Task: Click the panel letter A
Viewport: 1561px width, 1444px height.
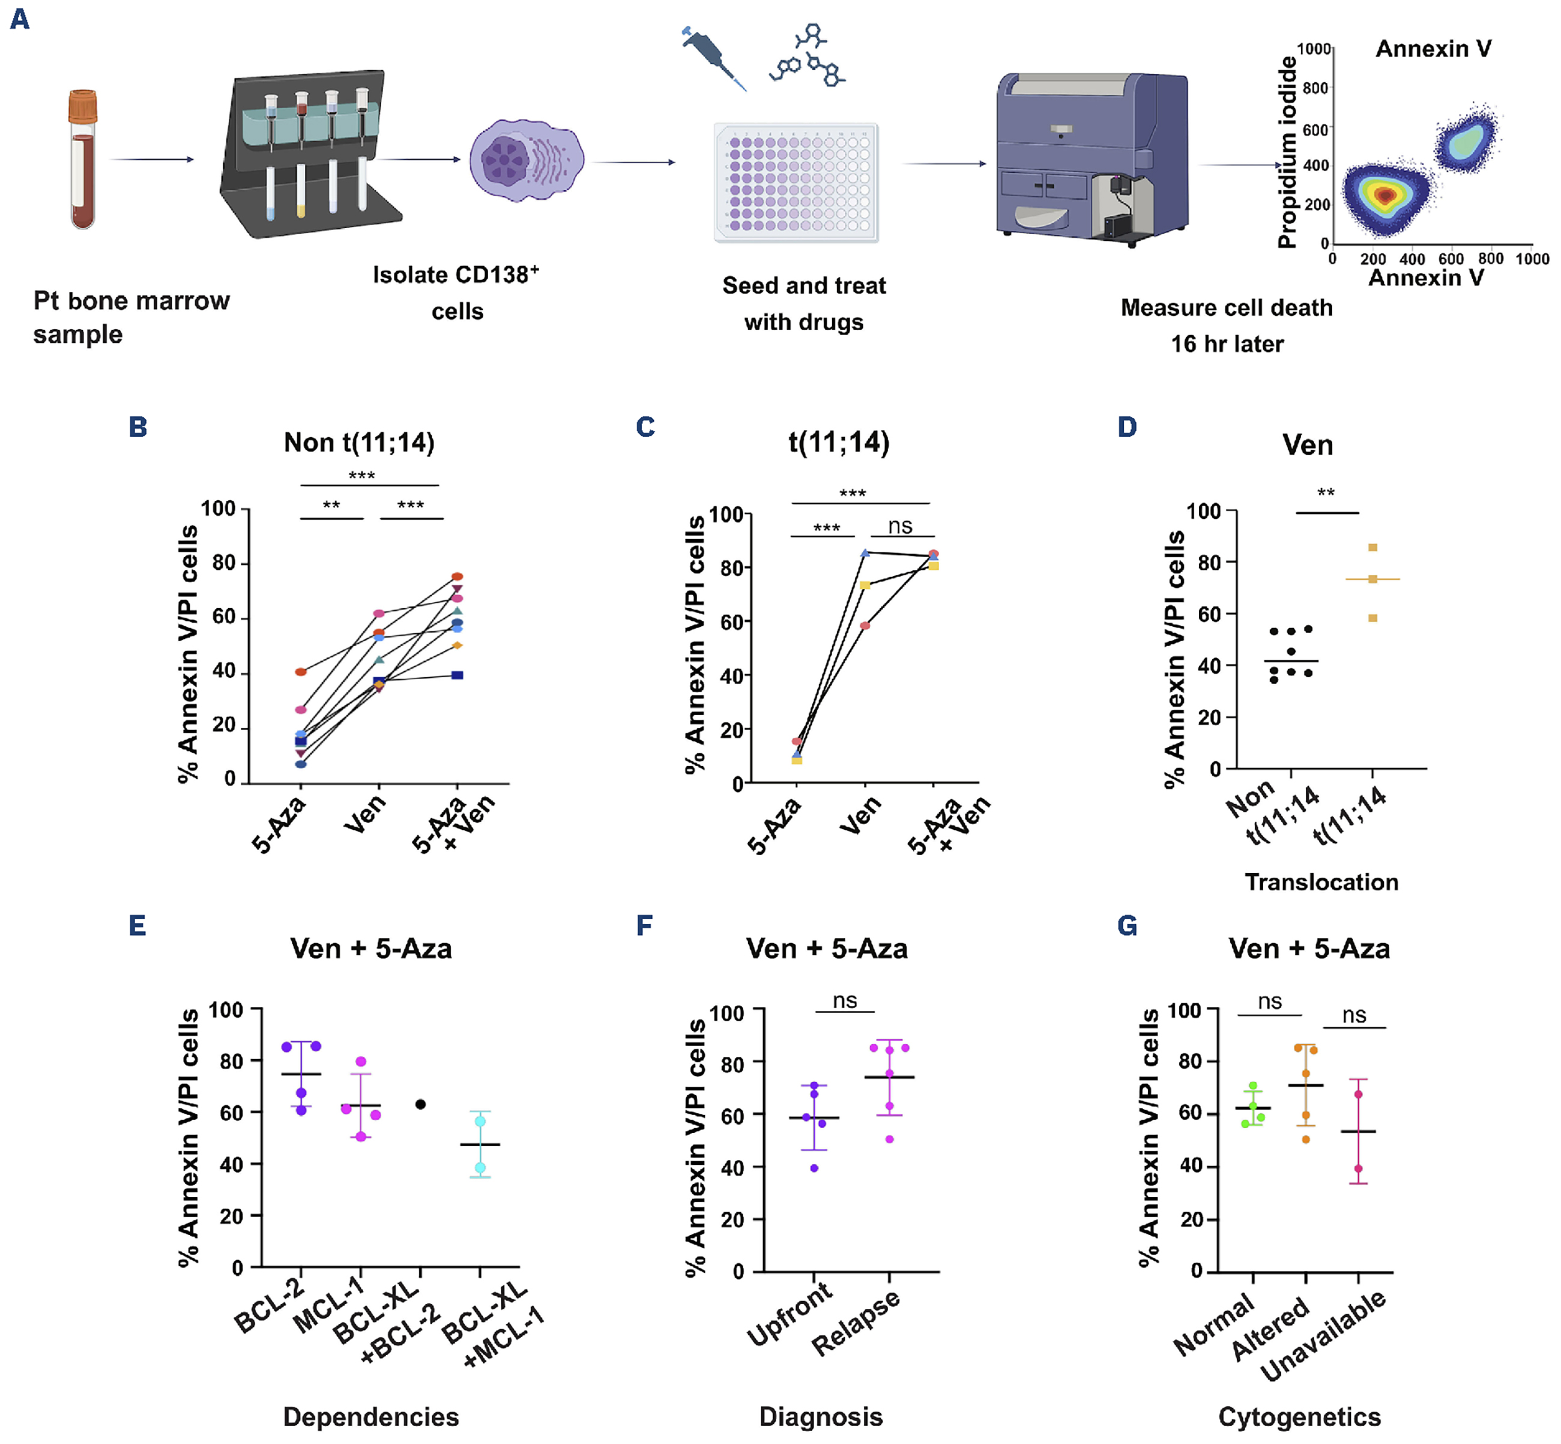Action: click(x=20, y=18)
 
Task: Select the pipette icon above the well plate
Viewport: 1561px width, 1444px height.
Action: click(x=713, y=59)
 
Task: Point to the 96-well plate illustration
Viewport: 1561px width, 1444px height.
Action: click(x=796, y=182)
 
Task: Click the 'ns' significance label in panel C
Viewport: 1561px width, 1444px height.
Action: click(x=900, y=526)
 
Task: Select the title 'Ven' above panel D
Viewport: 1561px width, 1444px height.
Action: click(x=1307, y=446)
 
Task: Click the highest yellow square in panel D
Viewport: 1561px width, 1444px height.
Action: click(x=1372, y=548)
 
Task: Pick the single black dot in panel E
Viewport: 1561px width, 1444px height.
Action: click(x=420, y=1104)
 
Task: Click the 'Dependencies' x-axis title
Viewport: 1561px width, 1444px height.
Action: click(x=370, y=1416)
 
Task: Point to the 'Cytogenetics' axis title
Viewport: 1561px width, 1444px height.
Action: click(x=1299, y=1416)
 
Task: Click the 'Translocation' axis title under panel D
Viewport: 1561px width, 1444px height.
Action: click(x=1321, y=882)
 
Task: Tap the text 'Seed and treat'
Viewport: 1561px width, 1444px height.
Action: click(x=804, y=285)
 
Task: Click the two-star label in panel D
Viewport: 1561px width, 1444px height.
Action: click(x=1326, y=493)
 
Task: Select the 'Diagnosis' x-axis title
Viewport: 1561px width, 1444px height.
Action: click(x=821, y=1416)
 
